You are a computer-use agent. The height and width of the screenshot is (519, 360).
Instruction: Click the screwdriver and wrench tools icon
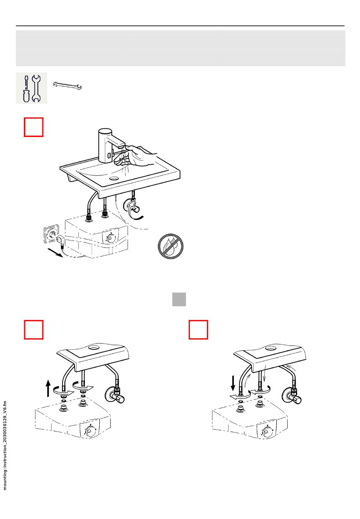pyautogui.click(x=31, y=88)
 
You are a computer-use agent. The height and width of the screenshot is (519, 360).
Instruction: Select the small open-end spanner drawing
pyautogui.click(x=67, y=86)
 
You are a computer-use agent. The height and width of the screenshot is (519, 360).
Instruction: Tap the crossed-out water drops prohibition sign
pyautogui.click(x=171, y=246)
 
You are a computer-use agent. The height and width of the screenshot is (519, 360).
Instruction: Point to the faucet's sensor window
pyautogui.click(x=109, y=154)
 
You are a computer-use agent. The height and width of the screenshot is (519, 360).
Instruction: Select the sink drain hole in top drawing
pyautogui.click(x=114, y=178)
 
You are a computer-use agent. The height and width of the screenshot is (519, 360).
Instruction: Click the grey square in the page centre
pyautogui.click(x=179, y=299)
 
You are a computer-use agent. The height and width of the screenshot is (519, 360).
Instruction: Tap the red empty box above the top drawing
pyautogui.click(x=34, y=127)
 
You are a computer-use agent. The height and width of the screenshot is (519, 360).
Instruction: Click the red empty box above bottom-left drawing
pyautogui.click(x=34, y=330)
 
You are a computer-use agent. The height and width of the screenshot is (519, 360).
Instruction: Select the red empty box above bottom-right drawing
pyautogui.click(x=198, y=330)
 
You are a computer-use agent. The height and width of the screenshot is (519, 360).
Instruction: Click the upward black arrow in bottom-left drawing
pyautogui.click(x=48, y=388)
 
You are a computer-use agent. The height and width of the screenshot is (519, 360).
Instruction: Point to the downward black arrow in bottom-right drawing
pyautogui.click(x=233, y=384)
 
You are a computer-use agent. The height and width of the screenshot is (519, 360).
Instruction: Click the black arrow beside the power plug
pyautogui.click(x=55, y=252)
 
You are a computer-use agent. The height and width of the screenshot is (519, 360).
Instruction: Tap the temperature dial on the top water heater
pyautogui.click(x=111, y=238)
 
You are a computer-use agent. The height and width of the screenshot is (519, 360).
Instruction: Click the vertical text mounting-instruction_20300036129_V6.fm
pyautogui.click(x=5, y=446)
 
